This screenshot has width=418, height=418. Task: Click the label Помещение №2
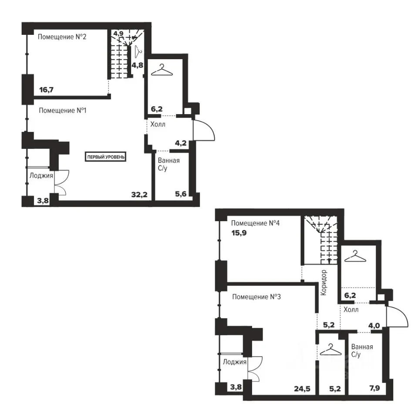(62, 37)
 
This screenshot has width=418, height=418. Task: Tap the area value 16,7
(47, 90)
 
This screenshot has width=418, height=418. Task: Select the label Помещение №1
(63, 110)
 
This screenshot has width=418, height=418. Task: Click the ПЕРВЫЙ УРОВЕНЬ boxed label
(106, 157)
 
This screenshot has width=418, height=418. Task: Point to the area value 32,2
(139, 195)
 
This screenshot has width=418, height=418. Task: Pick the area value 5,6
(181, 194)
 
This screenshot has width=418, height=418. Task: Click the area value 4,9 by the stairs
(118, 34)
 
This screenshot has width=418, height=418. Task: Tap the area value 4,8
(137, 65)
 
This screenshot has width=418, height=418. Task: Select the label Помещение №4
(256, 223)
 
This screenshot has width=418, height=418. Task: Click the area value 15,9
(239, 233)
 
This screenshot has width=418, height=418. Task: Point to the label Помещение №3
(256, 297)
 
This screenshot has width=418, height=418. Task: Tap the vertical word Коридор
(324, 283)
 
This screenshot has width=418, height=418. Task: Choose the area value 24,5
(302, 389)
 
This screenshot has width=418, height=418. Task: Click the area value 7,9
(374, 388)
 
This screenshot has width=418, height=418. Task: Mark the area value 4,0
(374, 326)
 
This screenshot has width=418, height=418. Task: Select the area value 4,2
(181, 143)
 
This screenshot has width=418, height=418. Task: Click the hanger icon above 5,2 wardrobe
(330, 350)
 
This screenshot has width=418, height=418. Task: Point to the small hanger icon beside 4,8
(138, 51)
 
